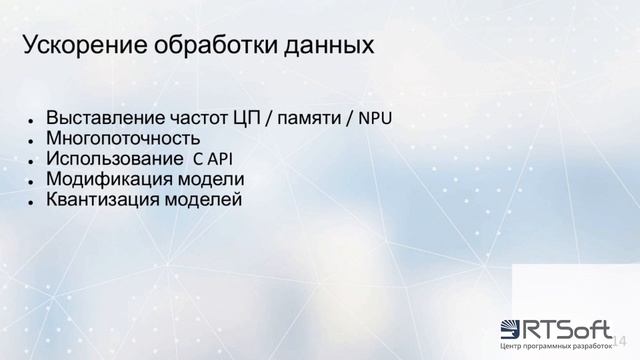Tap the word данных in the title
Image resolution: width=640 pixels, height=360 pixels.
click(329, 46)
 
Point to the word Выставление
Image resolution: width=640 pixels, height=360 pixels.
click(105, 118)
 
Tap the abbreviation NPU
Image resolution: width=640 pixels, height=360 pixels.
click(375, 118)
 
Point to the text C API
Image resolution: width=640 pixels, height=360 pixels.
click(212, 159)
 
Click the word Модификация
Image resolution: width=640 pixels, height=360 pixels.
click(110, 180)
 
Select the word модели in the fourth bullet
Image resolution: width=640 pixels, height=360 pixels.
click(210, 180)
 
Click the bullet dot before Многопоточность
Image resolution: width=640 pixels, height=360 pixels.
click(33, 140)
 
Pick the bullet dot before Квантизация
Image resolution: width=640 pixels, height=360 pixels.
click(33, 201)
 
